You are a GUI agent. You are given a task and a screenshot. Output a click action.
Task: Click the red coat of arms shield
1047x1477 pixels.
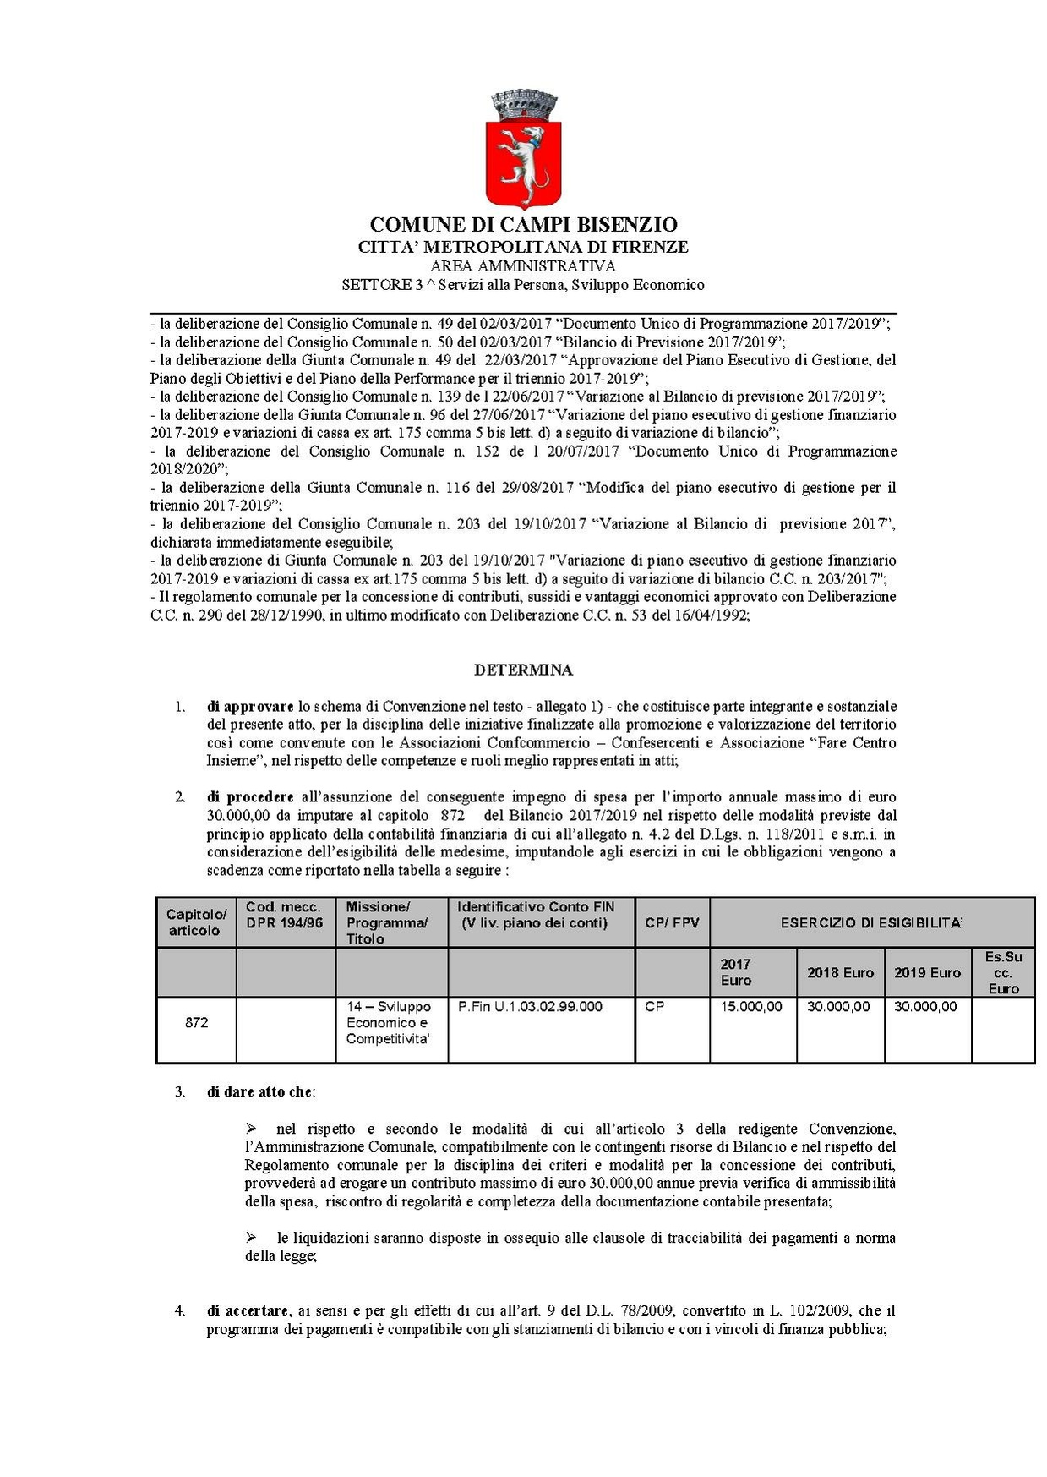click(x=523, y=161)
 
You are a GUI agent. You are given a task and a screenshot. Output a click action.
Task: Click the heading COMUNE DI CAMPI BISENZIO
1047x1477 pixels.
click(x=523, y=225)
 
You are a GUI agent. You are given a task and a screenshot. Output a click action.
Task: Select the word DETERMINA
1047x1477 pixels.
click(x=523, y=670)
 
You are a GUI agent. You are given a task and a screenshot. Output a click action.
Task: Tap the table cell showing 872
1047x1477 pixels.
click(x=196, y=1022)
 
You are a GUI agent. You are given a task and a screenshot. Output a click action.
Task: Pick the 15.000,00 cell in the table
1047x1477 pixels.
click(x=751, y=1007)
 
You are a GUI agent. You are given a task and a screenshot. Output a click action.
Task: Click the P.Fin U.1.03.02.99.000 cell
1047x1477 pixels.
click(x=530, y=1007)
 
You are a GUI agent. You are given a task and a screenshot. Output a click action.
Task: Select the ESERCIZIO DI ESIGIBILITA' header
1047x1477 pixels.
click(x=871, y=922)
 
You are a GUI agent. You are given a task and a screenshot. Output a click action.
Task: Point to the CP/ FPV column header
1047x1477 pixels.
click(x=672, y=922)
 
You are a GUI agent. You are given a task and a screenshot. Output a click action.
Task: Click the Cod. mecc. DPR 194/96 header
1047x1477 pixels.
click(x=285, y=915)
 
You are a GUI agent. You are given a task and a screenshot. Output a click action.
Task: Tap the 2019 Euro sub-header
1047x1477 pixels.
click(x=927, y=972)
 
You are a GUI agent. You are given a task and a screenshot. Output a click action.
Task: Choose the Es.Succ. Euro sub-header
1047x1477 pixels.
click(x=1003, y=972)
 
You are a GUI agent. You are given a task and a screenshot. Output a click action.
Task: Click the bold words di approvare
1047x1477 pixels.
click(x=250, y=706)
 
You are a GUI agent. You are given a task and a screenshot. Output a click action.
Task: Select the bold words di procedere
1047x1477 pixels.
click(x=250, y=796)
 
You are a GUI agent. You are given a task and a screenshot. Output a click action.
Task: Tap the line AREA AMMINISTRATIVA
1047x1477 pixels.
click(x=523, y=266)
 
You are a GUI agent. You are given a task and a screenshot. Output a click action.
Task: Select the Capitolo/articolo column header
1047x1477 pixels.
click(x=196, y=922)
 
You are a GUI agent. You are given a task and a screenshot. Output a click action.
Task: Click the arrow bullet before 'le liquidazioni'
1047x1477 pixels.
click(x=251, y=1237)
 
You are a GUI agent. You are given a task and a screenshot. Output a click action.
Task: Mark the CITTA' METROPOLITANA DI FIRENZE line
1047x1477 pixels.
click(x=523, y=247)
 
